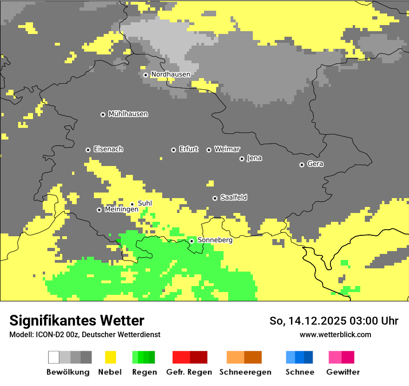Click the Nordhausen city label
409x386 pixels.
[x=171, y=74]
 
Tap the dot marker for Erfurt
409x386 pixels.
[x=173, y=150]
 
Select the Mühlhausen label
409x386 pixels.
[x=128, y=114]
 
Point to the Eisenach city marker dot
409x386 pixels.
[x=88, y=150]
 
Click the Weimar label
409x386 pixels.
[x=227, y=149]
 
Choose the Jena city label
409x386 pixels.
[x=254, y=158]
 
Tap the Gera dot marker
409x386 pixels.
[x=302, y=165]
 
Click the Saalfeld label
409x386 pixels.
[x=233, y=198]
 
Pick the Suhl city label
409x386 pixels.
[x=145, y=203]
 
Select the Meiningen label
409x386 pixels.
[x=121, y=210]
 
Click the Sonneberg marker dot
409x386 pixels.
[x=191, y=241]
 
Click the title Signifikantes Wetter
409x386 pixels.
[x=77, y=320]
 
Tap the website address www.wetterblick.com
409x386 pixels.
[x=335, y=334]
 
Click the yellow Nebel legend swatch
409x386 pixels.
[x=110, y=357]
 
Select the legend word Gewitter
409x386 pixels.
[x=343, y=372]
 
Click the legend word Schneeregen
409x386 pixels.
[x=245, y=372]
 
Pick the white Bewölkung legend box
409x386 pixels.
[x=54, y=357]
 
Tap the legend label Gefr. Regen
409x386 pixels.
[x=189, y=372]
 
